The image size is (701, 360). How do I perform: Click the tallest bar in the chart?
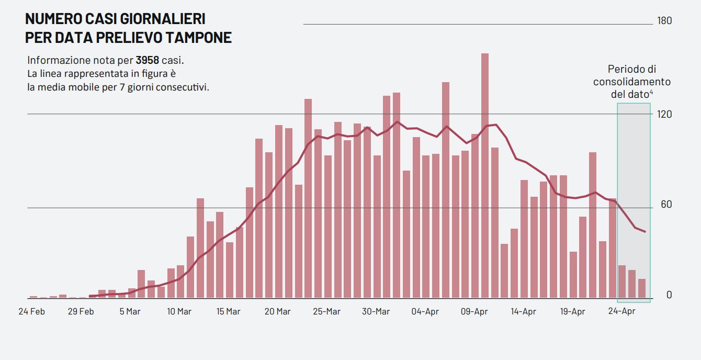(x=485, y=175)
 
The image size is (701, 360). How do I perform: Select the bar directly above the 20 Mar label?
(x=279, y=211)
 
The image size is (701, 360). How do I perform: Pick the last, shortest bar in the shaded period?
(x=642, y=288)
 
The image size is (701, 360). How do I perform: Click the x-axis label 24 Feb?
(x=31, y=312)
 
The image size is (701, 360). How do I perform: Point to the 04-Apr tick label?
(x=425, y=312)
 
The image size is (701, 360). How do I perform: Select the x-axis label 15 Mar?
(x=228, y=312)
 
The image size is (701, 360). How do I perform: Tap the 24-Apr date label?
(x=621, y=312)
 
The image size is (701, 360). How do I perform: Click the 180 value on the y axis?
(x=664, y=21)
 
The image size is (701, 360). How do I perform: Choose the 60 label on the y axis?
(x=666, y=205)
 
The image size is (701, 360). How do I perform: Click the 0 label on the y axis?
(x=669, y=295)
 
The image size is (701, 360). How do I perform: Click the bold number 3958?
(x=147, y=60)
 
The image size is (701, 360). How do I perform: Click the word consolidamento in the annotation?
(x=631, y=82)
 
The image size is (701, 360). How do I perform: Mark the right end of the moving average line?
(x=646, y=232)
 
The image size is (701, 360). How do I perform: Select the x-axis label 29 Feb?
(x=81, y=312)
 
